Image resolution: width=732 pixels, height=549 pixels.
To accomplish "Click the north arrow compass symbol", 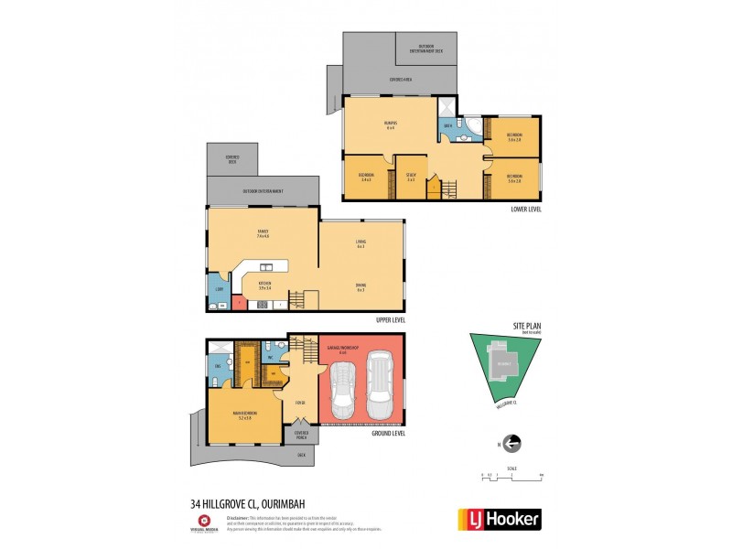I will (511, 444).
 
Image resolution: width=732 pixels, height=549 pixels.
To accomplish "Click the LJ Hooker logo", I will (499, 519).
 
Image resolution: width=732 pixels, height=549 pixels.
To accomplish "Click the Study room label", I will (412, 177).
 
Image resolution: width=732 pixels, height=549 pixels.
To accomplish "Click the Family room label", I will (263, 234).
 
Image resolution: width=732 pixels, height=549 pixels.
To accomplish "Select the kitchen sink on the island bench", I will (266, 267).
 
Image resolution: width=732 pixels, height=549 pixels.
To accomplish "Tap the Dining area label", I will (361, 287).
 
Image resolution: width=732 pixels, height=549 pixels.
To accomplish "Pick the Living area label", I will (361, 243).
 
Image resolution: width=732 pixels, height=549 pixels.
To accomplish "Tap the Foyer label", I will (299, 403).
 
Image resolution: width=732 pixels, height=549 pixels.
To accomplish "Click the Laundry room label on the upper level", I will (220, 289).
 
